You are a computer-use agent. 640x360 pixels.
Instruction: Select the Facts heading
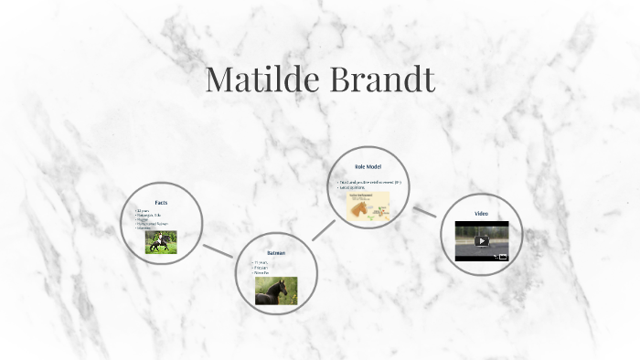coord(161,202)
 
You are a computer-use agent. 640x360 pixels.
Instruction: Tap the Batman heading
coord(276,252)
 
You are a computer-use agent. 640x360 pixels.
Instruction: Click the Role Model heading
coord(368,166)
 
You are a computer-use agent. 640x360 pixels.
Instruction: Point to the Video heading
coord(481,214)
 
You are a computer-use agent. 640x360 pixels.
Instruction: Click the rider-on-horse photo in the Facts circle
coord(161,241)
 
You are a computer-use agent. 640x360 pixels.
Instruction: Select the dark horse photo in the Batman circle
coord(276,291)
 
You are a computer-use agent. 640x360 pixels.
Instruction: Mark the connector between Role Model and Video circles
coord(425,211)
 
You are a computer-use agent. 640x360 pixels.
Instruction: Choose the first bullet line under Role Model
coord(369,182)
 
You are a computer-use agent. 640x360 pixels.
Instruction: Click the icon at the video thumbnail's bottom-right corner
coord(502,258)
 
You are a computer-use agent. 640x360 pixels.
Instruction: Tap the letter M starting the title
coord(222,79)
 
